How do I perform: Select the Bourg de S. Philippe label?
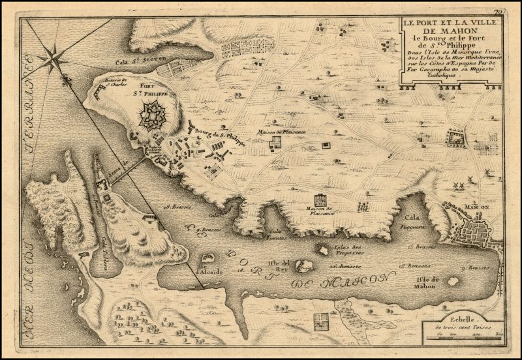[213, 136]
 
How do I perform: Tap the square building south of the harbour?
[320, 320]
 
